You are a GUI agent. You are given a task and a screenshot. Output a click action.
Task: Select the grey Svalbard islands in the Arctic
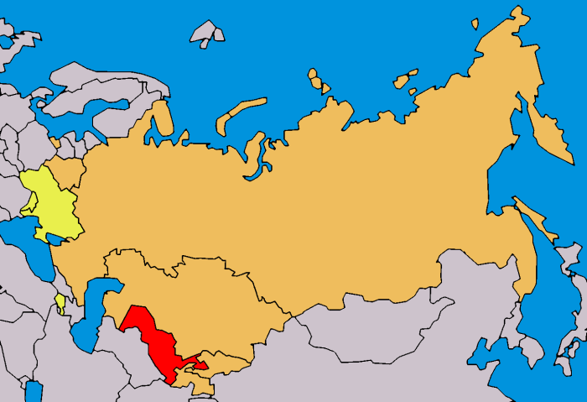pyautogui.click(x=206, y=34)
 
